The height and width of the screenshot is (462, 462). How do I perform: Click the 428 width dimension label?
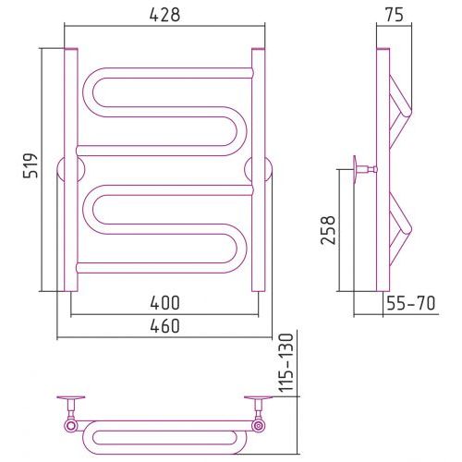[164, 15]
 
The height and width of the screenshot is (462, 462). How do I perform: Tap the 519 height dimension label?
[30, 165]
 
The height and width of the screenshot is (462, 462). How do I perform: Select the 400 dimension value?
[164, 303]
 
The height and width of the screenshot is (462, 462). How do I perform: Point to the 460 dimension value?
[164, 326]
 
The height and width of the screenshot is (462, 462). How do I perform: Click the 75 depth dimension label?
[394, 15]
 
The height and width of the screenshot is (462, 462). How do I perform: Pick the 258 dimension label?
[327, 230]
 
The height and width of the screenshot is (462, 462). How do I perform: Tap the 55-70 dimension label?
[411, 303]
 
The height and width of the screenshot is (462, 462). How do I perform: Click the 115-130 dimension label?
[287, 362]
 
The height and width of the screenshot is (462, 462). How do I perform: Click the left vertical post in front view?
[71, 170]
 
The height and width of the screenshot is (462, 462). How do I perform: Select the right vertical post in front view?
[258, 170]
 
